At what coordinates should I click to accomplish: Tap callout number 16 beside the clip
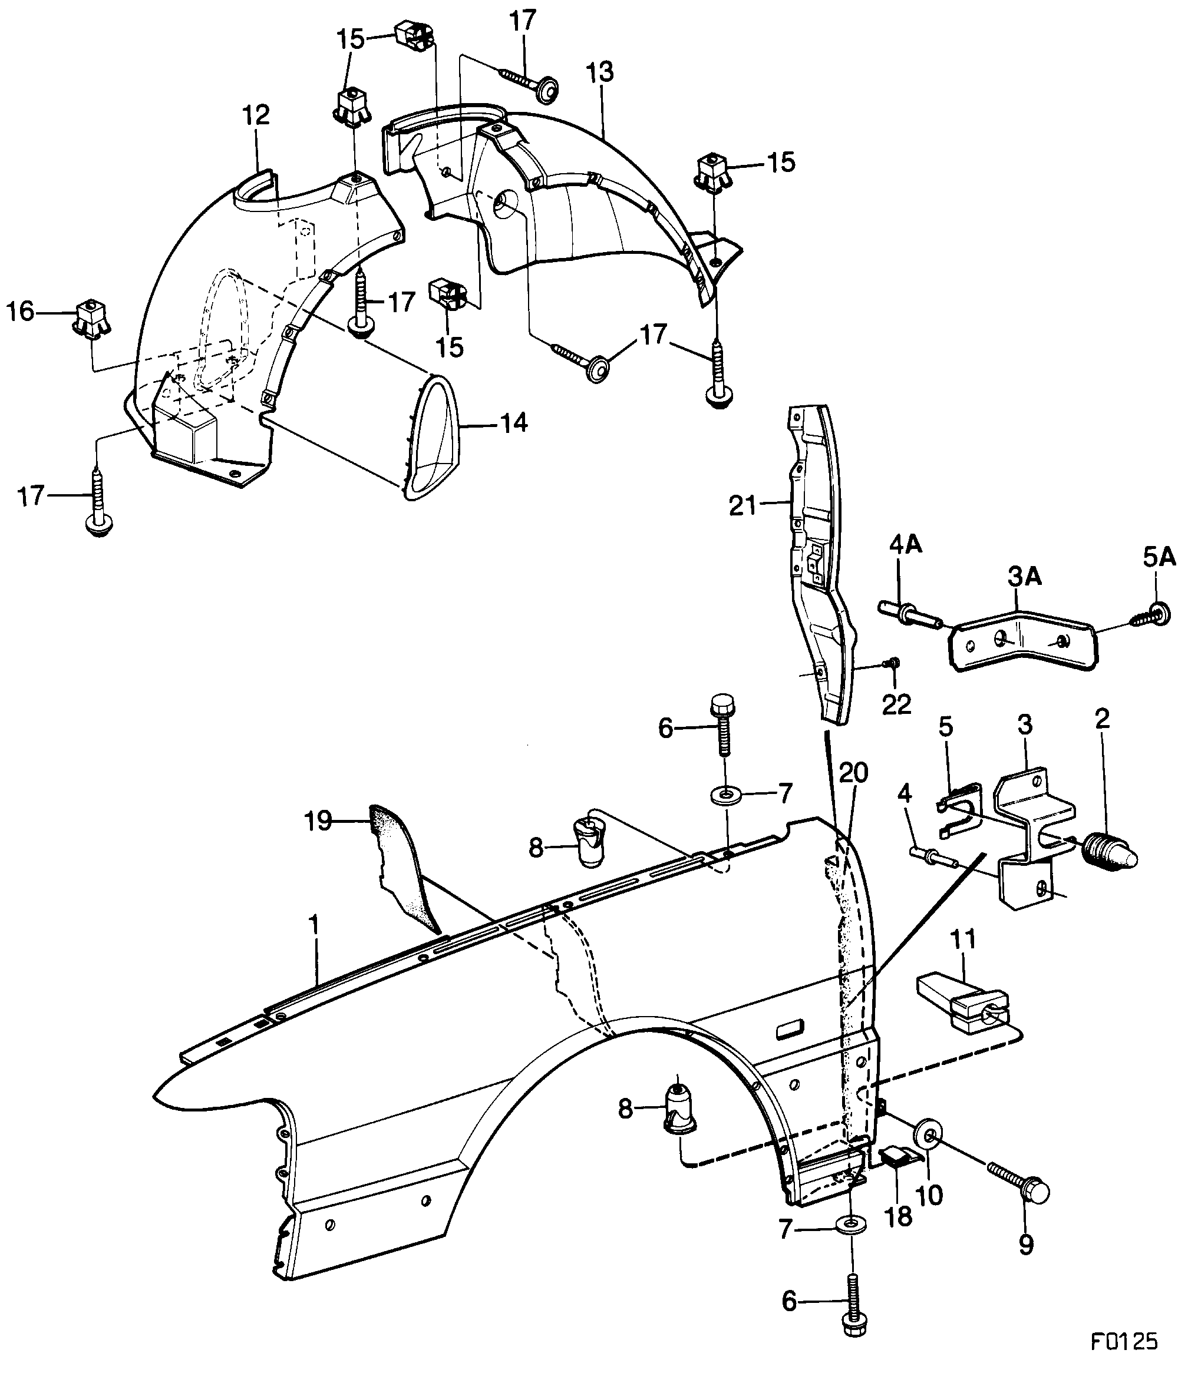[20, 311]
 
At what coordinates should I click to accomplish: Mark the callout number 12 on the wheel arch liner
[256, 115]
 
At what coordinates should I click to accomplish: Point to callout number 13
[600, 72]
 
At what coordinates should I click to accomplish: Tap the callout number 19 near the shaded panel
[318, 821]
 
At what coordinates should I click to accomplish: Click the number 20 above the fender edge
[853, 773]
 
